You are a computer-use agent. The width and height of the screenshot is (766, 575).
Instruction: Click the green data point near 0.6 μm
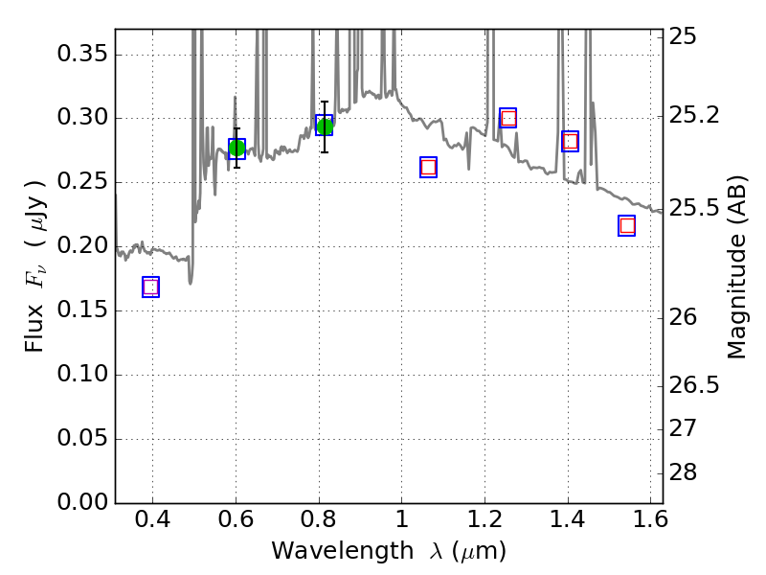click(x=237, y=148)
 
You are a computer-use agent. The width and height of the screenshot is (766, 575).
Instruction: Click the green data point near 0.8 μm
click(x=325, y=126)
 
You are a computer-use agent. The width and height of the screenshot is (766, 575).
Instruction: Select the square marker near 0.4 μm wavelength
click(x=150, y=287)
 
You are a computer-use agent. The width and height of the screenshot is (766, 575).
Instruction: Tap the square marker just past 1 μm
click(x=428, y=167)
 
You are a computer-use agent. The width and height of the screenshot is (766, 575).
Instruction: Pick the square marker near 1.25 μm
click(x=508, y=118)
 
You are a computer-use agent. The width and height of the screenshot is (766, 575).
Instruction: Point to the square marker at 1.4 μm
click(x=571, y=141)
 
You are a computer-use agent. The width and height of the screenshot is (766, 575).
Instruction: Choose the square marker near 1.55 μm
click(x=627, y=225)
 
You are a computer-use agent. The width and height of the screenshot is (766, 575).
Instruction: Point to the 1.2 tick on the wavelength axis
click(x=484, y=522)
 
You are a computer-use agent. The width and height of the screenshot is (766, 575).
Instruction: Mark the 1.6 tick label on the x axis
click(x=650, y=522)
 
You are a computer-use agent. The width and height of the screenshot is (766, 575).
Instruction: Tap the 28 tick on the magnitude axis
click(x=685, y=473)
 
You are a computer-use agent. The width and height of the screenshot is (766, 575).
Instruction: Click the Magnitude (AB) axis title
click(x=737, y=267)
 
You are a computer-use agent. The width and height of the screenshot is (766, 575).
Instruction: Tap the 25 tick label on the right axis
click(x=685, y=36)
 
